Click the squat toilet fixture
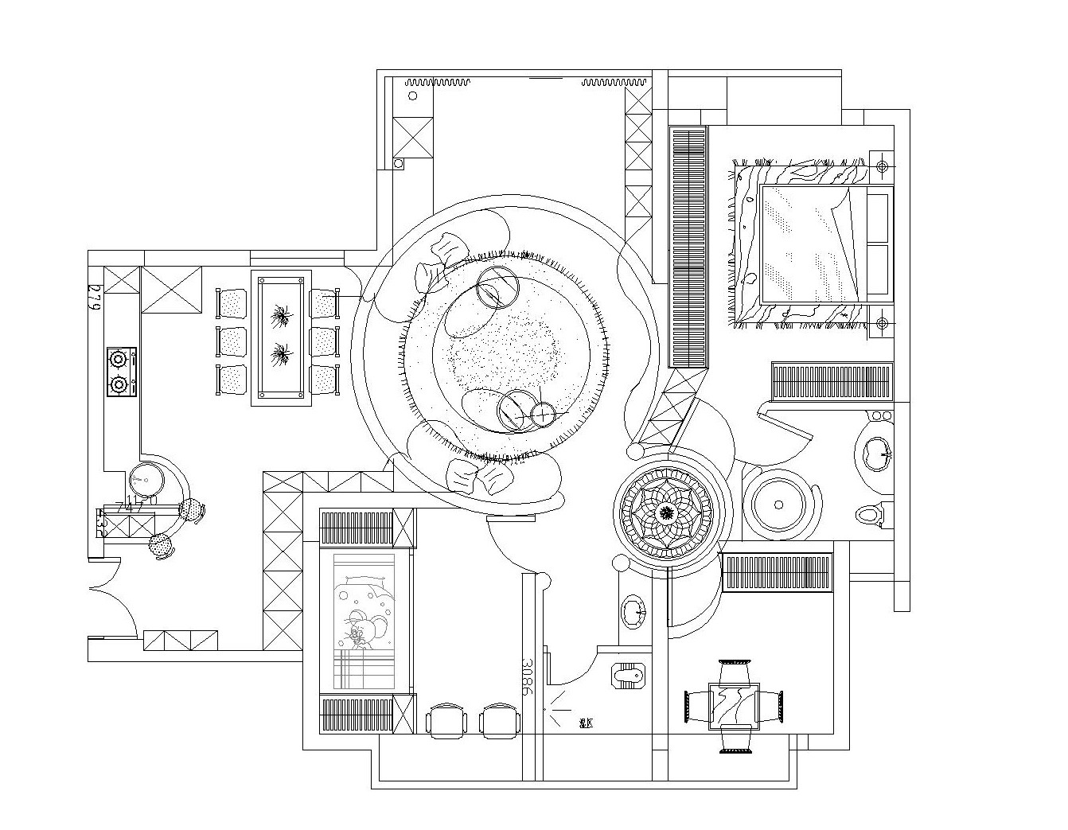click(x=629, y=676)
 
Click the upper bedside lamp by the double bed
click(x=882, y=166)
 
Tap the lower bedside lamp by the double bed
click(x=882, y=323)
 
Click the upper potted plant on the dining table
click(x=280, y=317)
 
